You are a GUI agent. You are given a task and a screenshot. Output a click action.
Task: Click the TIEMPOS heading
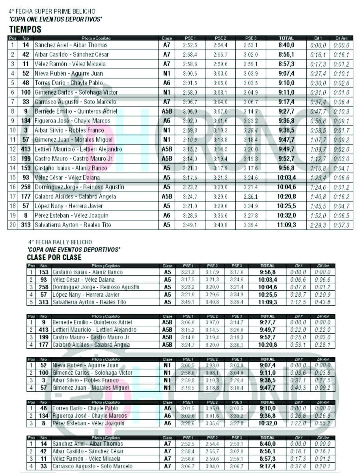click(25, 30)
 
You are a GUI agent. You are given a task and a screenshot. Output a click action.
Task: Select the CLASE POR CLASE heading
click(54, 258)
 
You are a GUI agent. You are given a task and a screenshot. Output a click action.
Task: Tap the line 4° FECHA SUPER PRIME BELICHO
click(52, 12)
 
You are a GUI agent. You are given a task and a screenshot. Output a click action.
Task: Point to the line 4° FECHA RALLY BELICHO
click(60, 242)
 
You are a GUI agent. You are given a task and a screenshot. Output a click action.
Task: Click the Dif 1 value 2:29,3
click(318, 225)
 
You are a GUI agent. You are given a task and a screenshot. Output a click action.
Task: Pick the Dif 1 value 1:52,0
click(318, 216)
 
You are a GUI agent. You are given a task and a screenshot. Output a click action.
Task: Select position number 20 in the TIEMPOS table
click(13, 225)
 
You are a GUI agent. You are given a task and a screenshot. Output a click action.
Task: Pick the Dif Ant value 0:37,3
click(342, 225)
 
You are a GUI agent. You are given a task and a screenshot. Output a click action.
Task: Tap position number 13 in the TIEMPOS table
click(13, 159)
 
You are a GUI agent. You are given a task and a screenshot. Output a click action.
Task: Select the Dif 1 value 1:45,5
click(318, 206)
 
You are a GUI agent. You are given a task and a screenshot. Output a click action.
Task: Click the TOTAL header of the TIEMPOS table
click(286, 38)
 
